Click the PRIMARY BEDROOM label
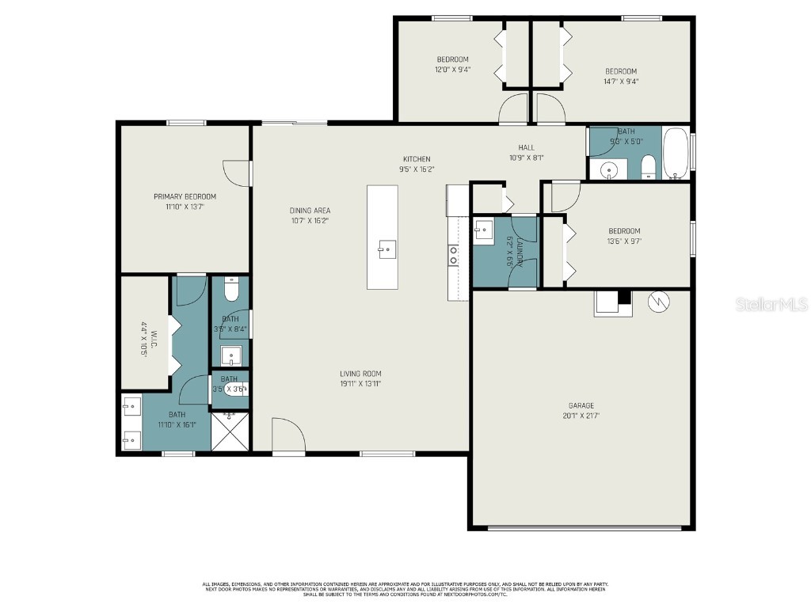[x=185, y=196]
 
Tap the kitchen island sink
[x=387, y=250]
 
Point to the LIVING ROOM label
[x=360, y=374]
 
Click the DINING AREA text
[x=310, y=211]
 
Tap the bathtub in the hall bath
[x=676, y=153]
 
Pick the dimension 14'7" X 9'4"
[x=621, y=81]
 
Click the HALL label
[x=526, y=147]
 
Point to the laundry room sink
[x=483, y=230]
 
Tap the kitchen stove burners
[x=454, y=254]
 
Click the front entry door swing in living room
[x=287, y=436]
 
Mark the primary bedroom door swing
[x=237, y=173]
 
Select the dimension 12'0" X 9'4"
[x=452, y=70]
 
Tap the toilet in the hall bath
[x=648, y=166]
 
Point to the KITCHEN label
[x=417, y=159]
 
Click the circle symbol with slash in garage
[x=658, y=302]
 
